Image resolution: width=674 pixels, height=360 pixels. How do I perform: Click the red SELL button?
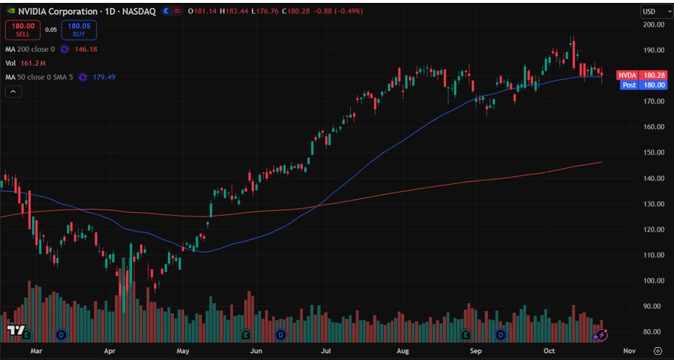[x=22, y=30]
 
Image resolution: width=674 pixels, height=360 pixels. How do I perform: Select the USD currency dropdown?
[x=652, y=12]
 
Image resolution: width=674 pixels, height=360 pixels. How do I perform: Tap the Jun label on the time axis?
[x=255, y=351]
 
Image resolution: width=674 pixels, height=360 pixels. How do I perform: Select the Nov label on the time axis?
[x=629, y=351]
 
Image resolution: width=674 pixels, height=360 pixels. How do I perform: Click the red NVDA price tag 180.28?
[x=636, y=75]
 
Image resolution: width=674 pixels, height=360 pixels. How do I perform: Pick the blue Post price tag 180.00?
[x=636, y=84]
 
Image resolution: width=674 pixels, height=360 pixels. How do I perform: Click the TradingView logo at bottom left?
[x=14, y=330]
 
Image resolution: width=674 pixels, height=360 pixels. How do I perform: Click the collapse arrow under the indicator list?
[x=13, y=92]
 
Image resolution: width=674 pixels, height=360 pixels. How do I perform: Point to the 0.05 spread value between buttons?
[x=51, y=30]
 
